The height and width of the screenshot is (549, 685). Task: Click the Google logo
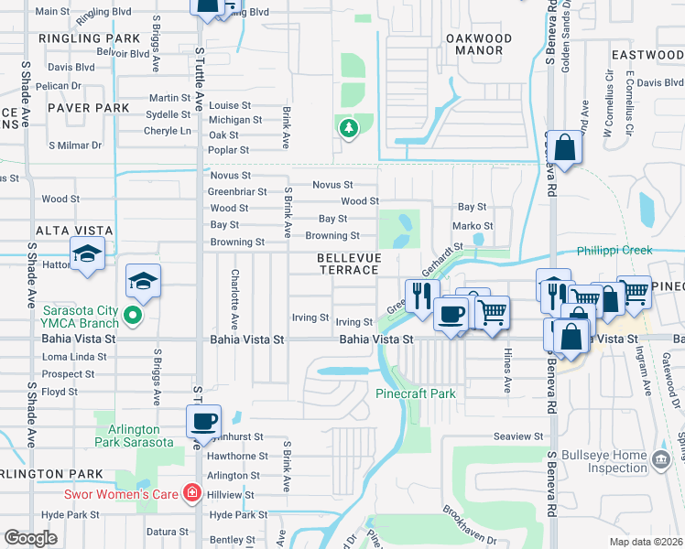tap(31, 538)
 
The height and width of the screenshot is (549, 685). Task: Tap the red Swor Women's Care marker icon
tap(191, 494)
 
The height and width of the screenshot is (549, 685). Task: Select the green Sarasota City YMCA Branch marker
tap(134, 318)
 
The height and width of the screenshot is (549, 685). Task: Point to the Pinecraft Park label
tap(415, 393)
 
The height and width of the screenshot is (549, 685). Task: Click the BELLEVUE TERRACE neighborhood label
tap(348, 264)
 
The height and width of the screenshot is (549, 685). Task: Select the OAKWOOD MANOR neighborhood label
tap(478, 44)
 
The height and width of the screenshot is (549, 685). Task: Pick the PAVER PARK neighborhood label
tap(89, 108)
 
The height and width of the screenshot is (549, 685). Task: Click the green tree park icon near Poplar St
tap(348, 129)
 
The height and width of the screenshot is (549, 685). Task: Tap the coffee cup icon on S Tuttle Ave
tap(203, 422)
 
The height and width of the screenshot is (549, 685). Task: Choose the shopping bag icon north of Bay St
tap(566, 148)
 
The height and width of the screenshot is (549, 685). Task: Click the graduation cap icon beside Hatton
tap(87, 254)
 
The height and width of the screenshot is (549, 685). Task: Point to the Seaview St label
tap(518, 437)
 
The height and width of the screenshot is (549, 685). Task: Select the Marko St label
tap(473, 226)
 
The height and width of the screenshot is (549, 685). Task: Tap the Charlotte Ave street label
tap(235, 300)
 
